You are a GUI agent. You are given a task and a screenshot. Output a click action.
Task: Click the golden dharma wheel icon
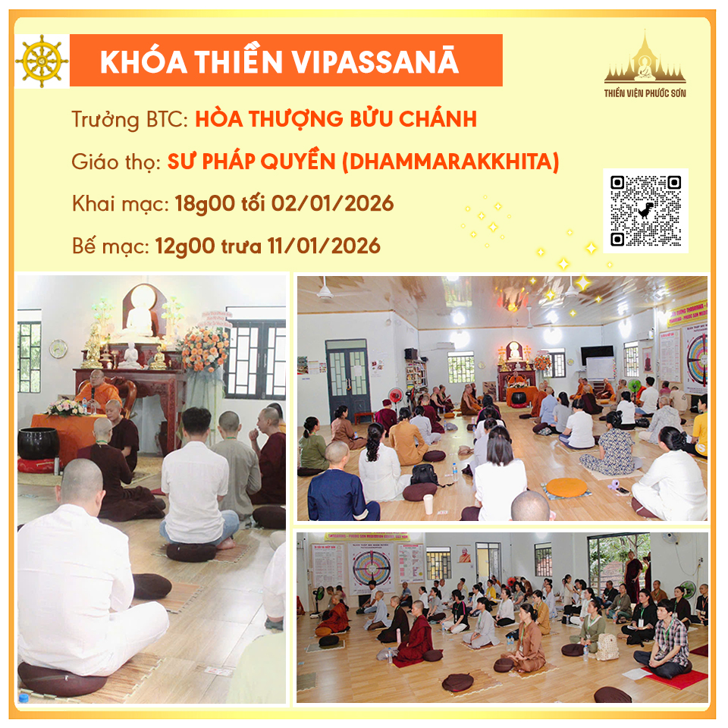coord(42,61)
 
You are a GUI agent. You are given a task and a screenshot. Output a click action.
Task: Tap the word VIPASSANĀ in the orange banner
coord(375,61)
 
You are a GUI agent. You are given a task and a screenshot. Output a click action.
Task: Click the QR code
coord(645,210)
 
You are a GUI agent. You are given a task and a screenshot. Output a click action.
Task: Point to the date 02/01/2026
coord(332,204)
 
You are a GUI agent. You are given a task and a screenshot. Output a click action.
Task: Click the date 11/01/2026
coord(324,246)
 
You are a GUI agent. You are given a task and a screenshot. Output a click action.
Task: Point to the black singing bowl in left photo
coord(38,444)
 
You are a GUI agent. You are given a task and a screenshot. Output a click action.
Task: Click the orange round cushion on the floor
coord(566,487)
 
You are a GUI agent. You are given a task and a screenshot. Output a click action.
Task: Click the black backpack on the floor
coord(425,475)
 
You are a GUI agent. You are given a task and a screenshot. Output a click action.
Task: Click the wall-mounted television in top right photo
coord(597,355)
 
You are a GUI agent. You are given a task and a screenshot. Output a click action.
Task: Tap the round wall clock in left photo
coord(58,349)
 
